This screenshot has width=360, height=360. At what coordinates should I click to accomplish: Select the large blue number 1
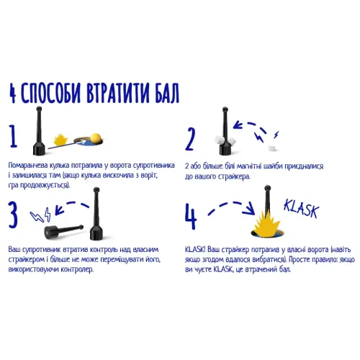coord(14,135)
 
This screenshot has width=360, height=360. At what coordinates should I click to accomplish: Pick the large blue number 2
coord(191,137)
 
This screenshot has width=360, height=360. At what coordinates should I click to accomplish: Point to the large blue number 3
coord(15,214)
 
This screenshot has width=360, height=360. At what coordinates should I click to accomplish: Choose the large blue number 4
coord(191,215)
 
